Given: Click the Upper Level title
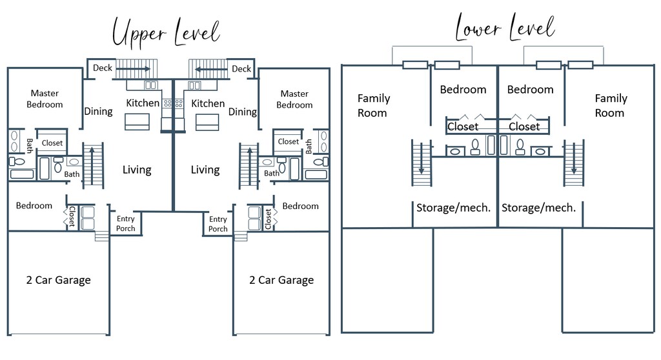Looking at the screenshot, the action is tap(166, 32).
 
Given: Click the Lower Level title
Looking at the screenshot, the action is tap(505, 27).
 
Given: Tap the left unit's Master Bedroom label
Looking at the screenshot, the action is tap(45, 99).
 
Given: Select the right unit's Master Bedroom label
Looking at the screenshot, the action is tap(294, 99).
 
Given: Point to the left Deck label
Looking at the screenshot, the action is tap(103, 68).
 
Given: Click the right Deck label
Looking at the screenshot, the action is tap(241, 69).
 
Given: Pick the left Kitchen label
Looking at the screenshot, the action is tap(143, 103).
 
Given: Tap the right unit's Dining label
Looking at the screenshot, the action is tap(243, 112).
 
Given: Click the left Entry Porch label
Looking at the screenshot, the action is tap(126, 223).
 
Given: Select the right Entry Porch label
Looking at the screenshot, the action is tap(218, 224).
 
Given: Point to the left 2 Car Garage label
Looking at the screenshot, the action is tap(58, 280).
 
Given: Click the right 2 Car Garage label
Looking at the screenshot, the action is tap(281, 280).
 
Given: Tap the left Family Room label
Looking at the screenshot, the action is tap(374, 105).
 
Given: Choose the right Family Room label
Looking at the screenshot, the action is tap(611, 105).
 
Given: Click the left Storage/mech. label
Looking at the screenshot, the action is tap(454, 207).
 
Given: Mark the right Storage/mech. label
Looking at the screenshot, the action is tap(539, 207).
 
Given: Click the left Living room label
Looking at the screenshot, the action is tap(137, 170).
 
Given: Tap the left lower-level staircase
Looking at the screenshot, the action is tap(422, 163).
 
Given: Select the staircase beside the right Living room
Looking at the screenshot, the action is tap(249, 166).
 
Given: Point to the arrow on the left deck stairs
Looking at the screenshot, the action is tap(134, 69).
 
